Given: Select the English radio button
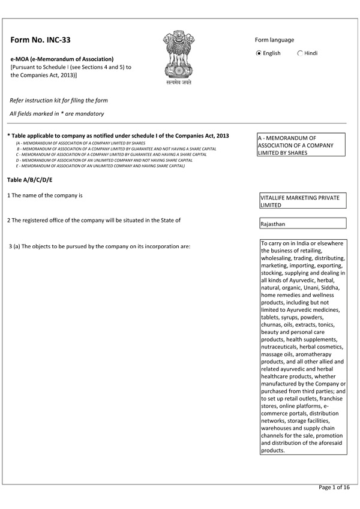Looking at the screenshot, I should [x=259, y=53].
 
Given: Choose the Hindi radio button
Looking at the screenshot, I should [x=300, y=53].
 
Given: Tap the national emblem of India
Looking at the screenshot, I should [x=179, y=57].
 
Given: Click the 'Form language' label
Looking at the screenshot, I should [x=274, y=40].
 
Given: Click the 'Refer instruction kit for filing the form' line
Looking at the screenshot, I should [x=59, y=100].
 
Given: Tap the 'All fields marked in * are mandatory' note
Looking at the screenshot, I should [x=57, y=113].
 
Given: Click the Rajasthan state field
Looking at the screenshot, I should [x=301, y=224].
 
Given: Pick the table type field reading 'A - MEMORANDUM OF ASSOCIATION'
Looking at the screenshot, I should [x=301, y=145].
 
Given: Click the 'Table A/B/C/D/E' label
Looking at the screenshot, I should [x=30, y=180].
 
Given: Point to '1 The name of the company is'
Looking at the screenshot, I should [x=44, y=196].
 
